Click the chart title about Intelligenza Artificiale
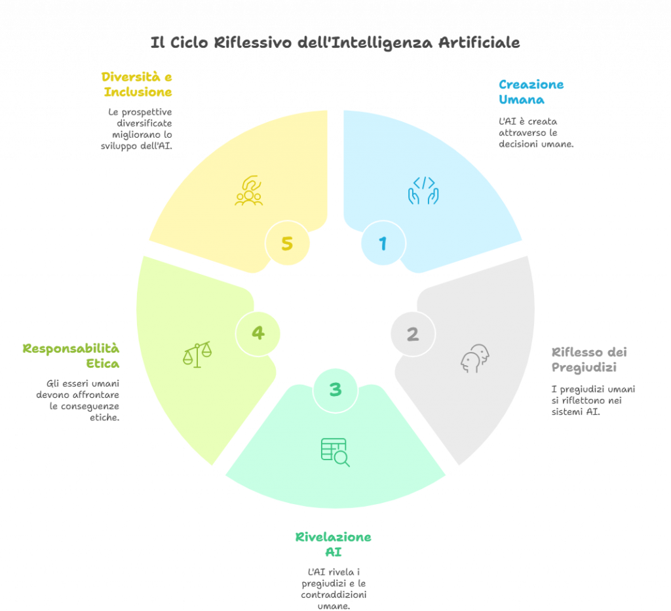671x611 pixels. point(335,43)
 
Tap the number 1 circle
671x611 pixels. point(383,244)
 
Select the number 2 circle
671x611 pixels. point(412,334)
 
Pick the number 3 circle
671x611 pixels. point(335,390)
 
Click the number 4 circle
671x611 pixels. point(258,333)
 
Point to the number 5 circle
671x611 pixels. point(287,243)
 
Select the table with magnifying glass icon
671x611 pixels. point(335,452)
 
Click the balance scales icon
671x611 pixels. point(197,354)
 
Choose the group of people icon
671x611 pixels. point(249,191)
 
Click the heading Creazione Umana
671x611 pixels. point(531,92)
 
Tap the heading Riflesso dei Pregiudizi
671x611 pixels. point(588,359)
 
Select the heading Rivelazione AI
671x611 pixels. point(333,544)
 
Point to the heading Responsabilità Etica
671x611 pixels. point(71,354)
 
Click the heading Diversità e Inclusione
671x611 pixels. point(137,85)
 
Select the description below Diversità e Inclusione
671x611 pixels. point(140,129)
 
